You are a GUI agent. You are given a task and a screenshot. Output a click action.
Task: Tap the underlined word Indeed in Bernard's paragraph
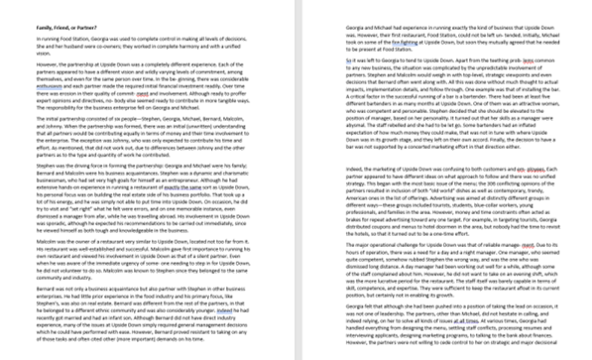tap(223, 309)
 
